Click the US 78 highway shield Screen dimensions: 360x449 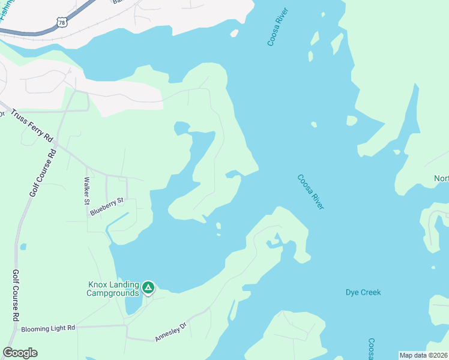coord(61,22)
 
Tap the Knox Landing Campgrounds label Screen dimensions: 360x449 coord(113,289)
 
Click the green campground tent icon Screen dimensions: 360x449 coord(148,288)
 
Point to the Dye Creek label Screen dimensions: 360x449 coord(363,292)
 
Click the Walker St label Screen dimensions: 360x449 coord(87,191)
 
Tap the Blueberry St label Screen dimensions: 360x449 coord(106,206)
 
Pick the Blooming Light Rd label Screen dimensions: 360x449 coord(47,328)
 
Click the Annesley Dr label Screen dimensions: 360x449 coord(171,331)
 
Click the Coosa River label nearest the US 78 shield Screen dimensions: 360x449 coord(277,27)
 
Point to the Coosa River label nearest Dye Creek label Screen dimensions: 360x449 coord(310,191)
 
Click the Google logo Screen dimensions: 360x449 coord(20,353)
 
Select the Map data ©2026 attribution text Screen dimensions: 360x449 coord(423,355)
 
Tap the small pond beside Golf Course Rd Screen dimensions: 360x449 coord(23,247)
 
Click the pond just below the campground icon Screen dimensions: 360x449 coord(133,305)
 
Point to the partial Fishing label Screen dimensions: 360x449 coord(8,10)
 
